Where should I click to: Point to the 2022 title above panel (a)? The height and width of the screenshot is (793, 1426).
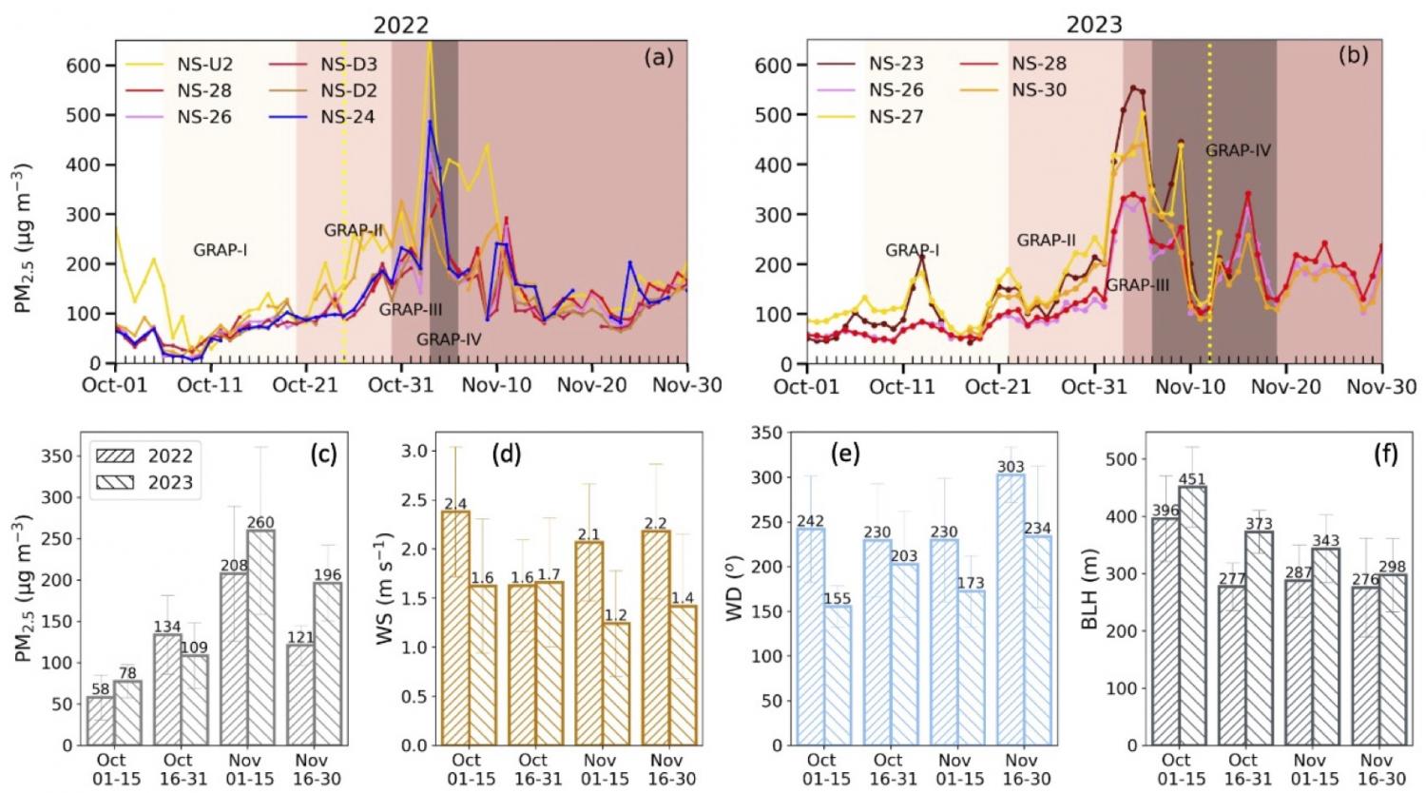[x=400, y=25]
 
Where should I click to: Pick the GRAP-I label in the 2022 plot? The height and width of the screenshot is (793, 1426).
[x=221, y=251]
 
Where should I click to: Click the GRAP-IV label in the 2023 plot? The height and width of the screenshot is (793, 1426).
[x=1238, y=150]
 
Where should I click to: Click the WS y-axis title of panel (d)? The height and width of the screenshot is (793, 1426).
[x=386, y=590]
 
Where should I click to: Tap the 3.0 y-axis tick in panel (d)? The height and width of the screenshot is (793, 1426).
[x=415, y=451]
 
